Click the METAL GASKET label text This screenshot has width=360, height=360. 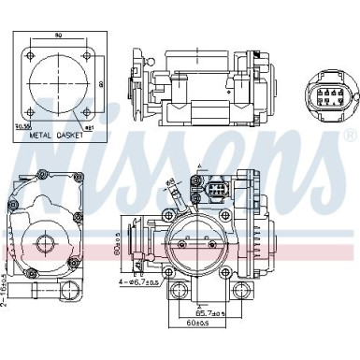[57, 135]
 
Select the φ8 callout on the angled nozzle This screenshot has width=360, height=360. [170, 183]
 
